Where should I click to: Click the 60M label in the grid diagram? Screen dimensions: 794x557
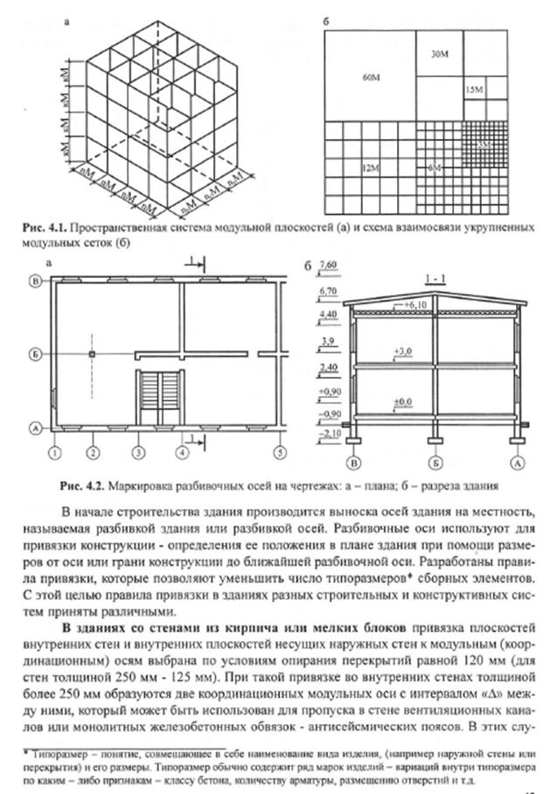pyautogui.click(x=371, y=79)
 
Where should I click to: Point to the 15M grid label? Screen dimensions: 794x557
pyautogui.click(x=477, y=90)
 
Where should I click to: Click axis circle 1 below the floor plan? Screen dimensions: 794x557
pyautogui.click(x=54, y=453)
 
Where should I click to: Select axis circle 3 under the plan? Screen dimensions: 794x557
pyautogui.click(x=137, y=453)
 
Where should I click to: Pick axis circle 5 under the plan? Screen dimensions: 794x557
pyautogui.click(x=279, y=453)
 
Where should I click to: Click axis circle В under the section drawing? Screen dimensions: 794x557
pyautogui.click(x=355, y=462)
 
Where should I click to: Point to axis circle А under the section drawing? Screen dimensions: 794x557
pyautogui.click(x=518, y=462)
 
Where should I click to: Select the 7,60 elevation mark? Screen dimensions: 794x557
pyautogui.click(x=330, y=263)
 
